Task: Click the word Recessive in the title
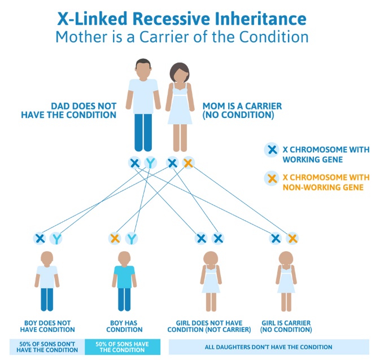click(171, 19)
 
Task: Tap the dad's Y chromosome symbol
click(151, 163)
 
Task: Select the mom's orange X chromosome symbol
click(188, 163)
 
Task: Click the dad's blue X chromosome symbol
click(134, 163)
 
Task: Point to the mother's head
click(180, 73)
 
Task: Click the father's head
click(143, 69)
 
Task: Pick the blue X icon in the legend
click(272, 150)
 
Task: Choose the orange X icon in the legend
click(272, 179)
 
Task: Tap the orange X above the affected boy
click(115, 238)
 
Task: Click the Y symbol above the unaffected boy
click(56, 238)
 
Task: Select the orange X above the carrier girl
click(292, 238)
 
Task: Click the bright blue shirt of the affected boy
click(124, 276)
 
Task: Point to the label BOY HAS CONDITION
click(124, 326)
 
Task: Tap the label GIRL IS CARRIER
click(286, 323)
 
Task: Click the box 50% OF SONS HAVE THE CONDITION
click(123, 347)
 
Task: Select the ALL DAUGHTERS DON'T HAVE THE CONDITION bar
click(269, 347)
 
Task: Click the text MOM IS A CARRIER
click(242, 106)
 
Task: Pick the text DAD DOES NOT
click(84, 106)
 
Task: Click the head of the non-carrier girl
click(211, 258)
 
